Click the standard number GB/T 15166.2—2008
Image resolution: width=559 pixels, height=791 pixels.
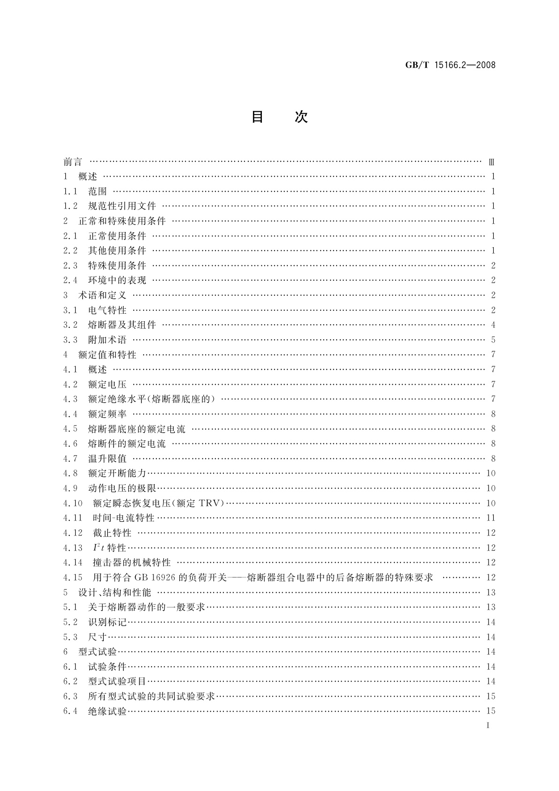(450, 65)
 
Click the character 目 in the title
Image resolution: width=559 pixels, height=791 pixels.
(257, 117)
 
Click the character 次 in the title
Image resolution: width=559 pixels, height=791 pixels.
(301, 117)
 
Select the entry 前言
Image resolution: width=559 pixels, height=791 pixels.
(73, 162)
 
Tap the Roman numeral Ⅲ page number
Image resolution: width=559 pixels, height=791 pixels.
(491, 163)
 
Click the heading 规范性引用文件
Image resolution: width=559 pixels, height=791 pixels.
(122, 206)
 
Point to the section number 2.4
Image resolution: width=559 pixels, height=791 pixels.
(70, 280)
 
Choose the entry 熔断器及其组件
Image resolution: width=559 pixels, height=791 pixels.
(122, 325)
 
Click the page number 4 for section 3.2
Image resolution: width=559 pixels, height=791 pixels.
(493, 325)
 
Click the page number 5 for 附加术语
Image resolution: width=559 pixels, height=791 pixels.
(493, 340)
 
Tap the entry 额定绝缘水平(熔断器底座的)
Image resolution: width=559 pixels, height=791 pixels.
(152, 399)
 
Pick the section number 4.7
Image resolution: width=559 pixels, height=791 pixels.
(70, 458)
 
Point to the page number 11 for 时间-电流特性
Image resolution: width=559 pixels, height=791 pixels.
(491, 518)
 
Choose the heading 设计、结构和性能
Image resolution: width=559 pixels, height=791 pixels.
(115, 592)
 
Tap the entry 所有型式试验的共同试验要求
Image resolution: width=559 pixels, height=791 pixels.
(152, 696)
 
